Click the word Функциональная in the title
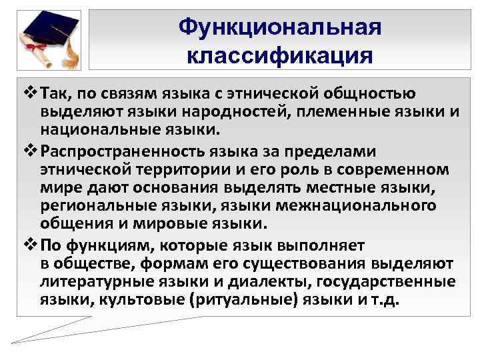(280, 27)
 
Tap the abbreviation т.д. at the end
(384, 298)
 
